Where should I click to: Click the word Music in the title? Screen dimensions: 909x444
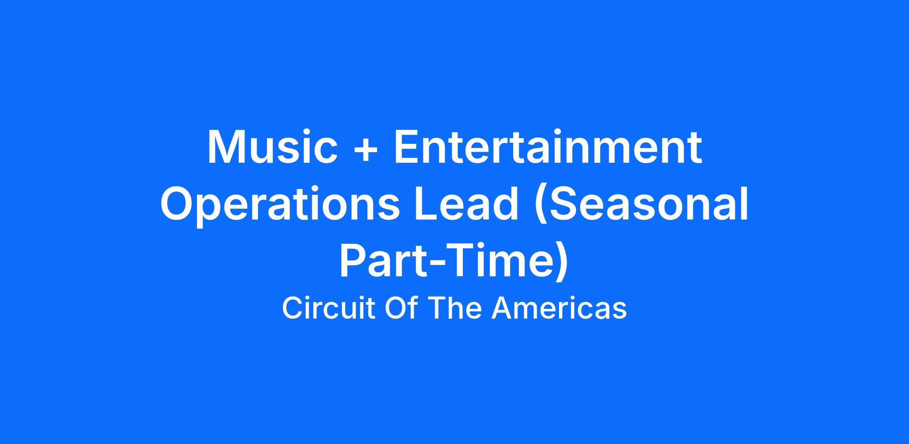(x=272, y=147)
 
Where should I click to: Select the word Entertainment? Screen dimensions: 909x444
(x=548, y=147)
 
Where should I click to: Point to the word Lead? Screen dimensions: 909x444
(x=467, y=203)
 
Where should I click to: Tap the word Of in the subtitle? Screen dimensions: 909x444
(x=401, y=308)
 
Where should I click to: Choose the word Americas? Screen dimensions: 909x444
(x=559, y=308)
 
